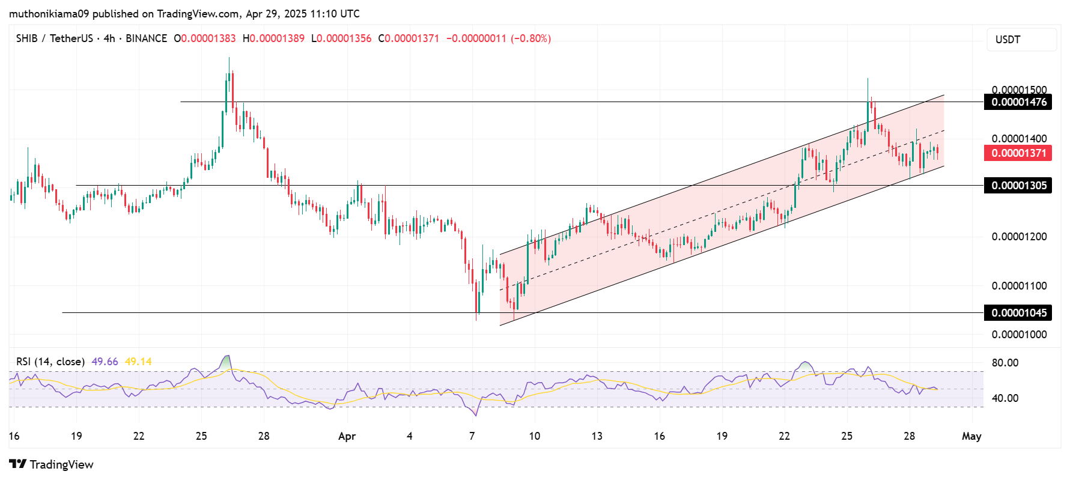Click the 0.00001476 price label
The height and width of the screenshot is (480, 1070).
coord(1018,102)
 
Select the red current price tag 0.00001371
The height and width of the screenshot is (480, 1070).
coord(1018,153)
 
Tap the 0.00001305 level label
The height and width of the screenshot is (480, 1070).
coord(1018,186)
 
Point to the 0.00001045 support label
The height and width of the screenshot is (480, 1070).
coord(1018,313)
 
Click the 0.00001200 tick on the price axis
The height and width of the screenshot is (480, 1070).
coord(1019,237)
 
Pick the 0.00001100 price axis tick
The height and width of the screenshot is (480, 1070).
coord(1019,286)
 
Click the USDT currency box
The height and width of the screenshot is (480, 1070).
coord(1021,40)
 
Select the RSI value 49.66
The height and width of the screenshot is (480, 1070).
coord(105,362)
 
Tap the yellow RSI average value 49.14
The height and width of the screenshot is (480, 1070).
coord(138,362)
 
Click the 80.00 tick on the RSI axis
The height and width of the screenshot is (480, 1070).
coord(1005,363)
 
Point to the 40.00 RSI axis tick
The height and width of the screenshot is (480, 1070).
coord(1005,398)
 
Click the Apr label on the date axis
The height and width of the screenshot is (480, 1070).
coord(347,436)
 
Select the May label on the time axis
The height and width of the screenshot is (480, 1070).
coord(971,436)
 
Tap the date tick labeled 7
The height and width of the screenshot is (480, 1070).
coord(472,436)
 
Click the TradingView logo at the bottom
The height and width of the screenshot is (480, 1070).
coord(52,464)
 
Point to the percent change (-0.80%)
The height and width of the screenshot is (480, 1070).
coord(530,38)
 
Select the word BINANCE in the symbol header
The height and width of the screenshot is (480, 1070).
coord(146,38)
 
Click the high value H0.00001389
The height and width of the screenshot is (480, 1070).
coord(273,38)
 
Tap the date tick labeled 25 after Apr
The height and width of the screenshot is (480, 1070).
coord(847,436)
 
